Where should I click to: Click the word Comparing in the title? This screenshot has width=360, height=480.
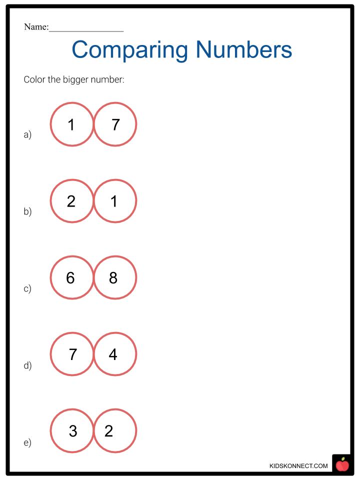click(x=130, y=50)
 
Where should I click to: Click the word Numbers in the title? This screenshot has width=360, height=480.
click(x=244, y=49)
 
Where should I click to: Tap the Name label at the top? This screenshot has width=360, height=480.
click(x=36, y=27)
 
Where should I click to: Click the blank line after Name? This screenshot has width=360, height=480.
click(x=86, y=31)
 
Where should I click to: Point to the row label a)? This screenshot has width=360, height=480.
click(x=27, y=134)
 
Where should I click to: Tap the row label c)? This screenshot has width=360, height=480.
click(x=27, y=288)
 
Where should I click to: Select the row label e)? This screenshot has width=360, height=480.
click(x=27, y=442)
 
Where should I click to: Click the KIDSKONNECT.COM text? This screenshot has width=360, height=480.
click(x=298, y=466)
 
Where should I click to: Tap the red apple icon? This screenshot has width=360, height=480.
click(x=342, y=464)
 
